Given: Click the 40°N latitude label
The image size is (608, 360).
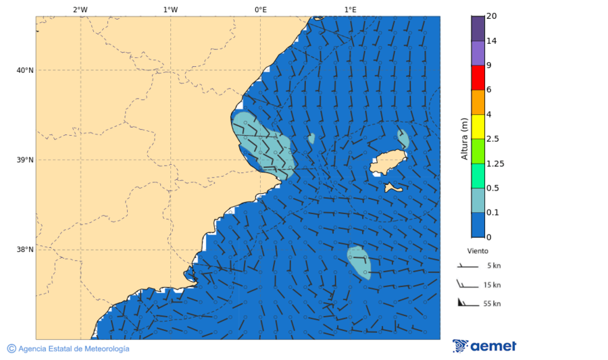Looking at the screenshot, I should [25, 70].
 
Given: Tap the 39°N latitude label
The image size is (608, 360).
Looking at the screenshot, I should [25, 160].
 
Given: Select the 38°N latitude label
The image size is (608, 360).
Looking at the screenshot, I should [25, 249].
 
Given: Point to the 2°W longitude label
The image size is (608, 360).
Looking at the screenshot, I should [80, 9].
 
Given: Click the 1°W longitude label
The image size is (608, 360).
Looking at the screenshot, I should [170, 9].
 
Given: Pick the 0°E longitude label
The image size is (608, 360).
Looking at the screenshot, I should [260, 9].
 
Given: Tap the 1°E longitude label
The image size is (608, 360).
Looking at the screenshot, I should [350, 9].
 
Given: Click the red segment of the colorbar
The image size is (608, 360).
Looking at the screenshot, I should [478, 77].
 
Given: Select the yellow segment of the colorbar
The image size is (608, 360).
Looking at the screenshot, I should [478, 126].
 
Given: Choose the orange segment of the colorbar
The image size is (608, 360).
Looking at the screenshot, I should [478, 102].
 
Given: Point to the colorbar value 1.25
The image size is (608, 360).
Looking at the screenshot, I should [496, 163].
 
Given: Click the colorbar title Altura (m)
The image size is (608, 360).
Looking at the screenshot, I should [464, 138].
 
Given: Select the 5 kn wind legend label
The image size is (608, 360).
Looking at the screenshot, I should [493, 265].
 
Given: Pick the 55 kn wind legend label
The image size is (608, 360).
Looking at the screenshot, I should [492, 303].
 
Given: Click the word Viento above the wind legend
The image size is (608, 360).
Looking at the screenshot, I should [478, 250].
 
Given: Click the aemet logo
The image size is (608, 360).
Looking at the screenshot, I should [484, 346].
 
